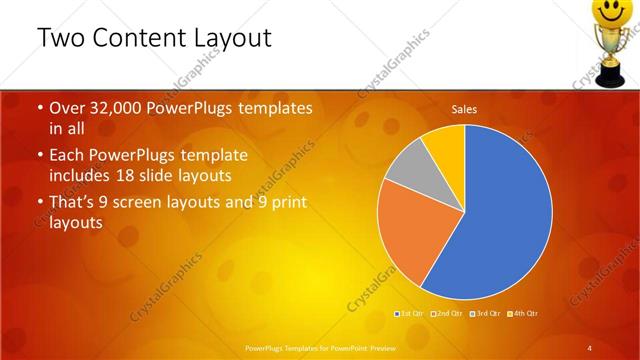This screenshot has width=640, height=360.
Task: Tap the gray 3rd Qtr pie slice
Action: tap(406, 169)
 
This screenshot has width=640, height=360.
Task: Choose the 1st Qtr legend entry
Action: tap(409, 314)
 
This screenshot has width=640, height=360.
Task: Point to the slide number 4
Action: tap(590, 347)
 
